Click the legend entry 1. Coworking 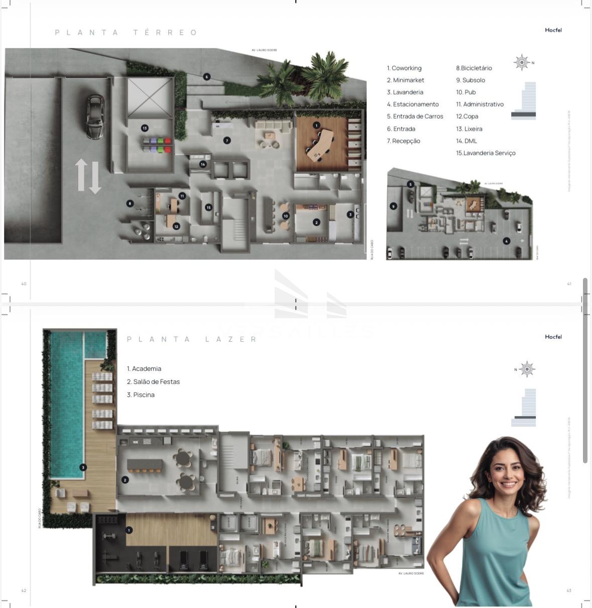click(x=404, y=68)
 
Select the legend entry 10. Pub click(x=465, y=92)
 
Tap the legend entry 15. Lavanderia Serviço click(x=485, y=153)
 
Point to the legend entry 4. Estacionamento click(x=412, y=105)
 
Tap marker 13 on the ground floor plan click(x=145, y=128)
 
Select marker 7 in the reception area click(x=227, y=141)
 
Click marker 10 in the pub click(x=286, y=216)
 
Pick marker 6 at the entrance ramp click(x=206, y=77)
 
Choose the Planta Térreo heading click(x=126, y=33)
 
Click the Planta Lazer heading click(x=192, y=340)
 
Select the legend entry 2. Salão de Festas click(x=153, y=382)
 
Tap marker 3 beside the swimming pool click(x=83, y=467)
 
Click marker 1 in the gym click(x=129, y=530)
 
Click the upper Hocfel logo click(x=553, y=30)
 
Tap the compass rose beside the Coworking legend click(x=522, y=62)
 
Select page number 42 click(x=24, y=590)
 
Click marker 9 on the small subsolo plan click(x=393, y=206)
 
